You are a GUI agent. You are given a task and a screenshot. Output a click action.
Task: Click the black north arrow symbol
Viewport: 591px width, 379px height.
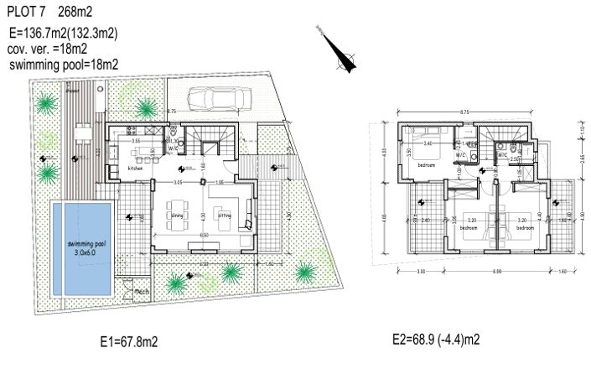coord(339,56)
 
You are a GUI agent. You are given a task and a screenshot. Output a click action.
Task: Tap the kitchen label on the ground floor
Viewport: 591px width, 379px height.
coord(136,169)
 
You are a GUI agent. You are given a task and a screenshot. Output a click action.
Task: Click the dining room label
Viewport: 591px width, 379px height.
coord(177,215)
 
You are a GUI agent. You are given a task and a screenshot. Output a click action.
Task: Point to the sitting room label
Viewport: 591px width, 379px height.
coord(224,215)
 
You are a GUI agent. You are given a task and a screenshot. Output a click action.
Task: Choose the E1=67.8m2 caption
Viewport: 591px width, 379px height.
coord(128,342)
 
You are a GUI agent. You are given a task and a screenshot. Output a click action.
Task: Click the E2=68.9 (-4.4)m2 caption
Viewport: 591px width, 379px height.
coord(435,340)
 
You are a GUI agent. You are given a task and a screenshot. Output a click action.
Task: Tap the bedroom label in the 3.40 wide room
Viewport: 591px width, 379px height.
coord(426,165)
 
